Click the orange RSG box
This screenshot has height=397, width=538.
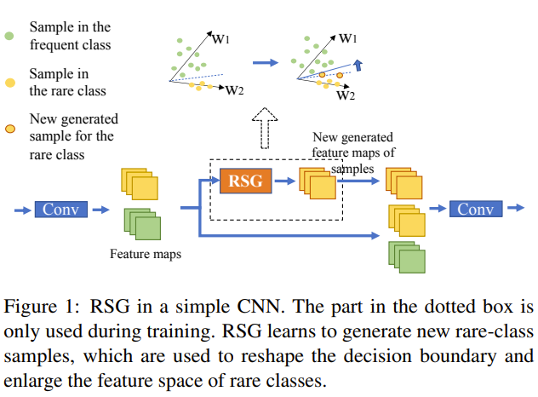click(x=246, y=180)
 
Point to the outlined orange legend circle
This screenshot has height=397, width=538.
click(x=10, y=129)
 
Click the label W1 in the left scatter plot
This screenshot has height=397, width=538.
click(x=220, y=37)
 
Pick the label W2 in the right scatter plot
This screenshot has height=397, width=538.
click(x=346, y=95)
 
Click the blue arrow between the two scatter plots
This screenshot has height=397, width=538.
click(x=266, y=62)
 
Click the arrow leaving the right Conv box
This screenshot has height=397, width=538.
click(x=514, y=209)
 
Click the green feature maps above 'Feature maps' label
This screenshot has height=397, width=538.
click(x=142, y=224)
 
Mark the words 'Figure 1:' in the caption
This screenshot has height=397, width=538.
click(x=42, y=307)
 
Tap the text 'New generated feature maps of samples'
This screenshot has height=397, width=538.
click(x=352, y=152)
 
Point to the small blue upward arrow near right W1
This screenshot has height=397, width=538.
click(x=358, y=65)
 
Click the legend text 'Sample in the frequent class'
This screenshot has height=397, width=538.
click(x=70, y=37)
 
